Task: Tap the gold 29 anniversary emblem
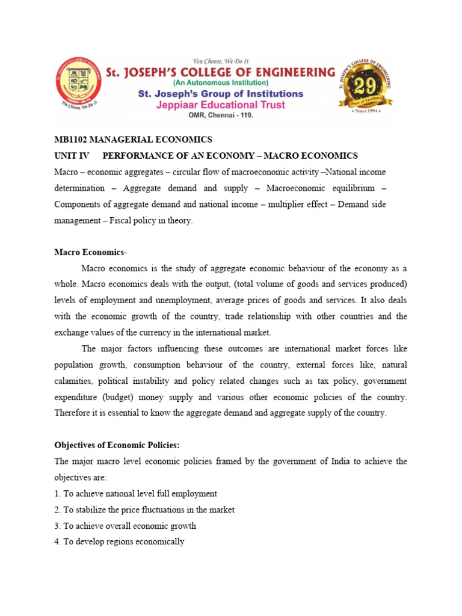tap(366, 87)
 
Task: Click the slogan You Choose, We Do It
tap(220, 61)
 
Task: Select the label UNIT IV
tap(71, 156)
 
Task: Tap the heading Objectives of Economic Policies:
tap(117, 445)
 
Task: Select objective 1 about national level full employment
tap(135, 493)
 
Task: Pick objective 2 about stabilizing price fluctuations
tap(144, 510)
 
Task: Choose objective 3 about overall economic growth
tap(125, 526)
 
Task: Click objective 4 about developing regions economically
tap(119, 541)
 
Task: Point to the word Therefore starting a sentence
tap(73, 413)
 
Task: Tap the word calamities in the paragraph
tap(73, 381)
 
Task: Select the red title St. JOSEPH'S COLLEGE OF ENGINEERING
tap(220, 72)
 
